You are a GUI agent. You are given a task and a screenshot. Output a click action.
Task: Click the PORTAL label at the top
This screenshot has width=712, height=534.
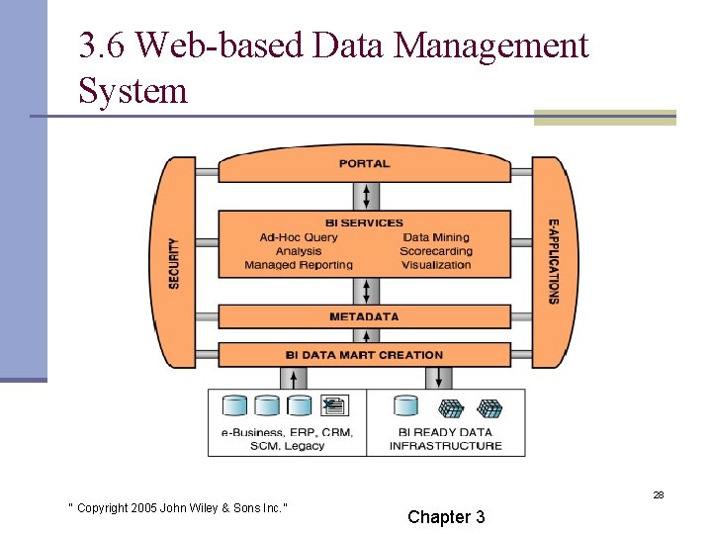click(364, 163)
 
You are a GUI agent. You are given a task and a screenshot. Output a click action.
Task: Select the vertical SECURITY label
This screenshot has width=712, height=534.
click(174, 263)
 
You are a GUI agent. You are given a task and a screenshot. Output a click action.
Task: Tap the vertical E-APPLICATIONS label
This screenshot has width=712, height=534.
click(553, 261)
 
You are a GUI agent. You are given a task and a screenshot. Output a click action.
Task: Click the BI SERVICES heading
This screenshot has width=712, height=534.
click(364, 222)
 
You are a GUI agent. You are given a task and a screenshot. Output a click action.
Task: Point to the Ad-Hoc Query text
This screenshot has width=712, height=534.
click(299, 237)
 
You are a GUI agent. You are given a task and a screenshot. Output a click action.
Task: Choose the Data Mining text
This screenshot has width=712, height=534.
click(436, 237)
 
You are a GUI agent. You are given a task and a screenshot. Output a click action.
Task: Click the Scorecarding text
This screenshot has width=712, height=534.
click(436, 251)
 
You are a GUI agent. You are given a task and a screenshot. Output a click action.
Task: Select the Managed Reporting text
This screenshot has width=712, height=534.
click(299, 265)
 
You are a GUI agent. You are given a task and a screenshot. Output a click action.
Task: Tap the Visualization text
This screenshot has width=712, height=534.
click(436, 265)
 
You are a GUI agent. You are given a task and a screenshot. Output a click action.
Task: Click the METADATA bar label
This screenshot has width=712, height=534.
click(364, 316)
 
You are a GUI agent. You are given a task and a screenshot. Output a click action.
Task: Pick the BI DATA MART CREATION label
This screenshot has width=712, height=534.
click(364, 354)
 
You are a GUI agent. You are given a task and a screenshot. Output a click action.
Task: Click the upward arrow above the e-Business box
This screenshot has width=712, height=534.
click(295, 378)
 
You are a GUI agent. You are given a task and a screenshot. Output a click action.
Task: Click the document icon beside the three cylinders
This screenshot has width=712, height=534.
click(333, 405)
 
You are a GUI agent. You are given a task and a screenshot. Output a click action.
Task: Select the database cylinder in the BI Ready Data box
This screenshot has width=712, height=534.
click(405, 406)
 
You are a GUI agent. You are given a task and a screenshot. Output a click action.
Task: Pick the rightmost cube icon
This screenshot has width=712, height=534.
click(489, 407)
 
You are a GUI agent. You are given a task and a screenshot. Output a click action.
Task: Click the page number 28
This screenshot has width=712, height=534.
click(658, 494)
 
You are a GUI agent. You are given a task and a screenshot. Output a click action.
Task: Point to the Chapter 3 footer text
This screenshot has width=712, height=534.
click(446, 517)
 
